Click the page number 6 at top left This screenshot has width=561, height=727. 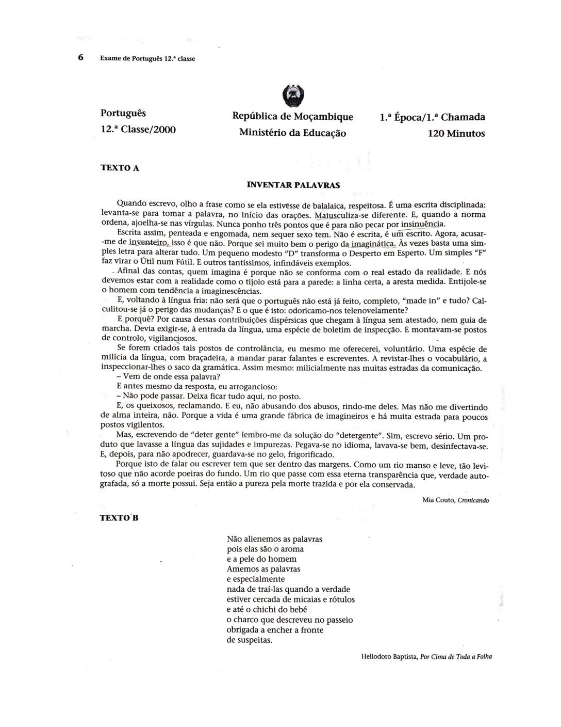coord(80,58)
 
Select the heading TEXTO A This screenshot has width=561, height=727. coord(120,168)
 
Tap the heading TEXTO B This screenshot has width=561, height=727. coord(120,519)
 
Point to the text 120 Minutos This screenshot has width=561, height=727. coord(456,133)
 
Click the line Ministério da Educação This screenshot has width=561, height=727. coord(292,133)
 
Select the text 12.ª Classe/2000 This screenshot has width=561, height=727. coord(138,129)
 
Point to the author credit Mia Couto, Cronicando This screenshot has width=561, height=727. coord(455,500)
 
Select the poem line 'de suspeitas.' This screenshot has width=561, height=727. coord(250,640)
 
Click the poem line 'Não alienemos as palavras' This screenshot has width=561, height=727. coord(274,539)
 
